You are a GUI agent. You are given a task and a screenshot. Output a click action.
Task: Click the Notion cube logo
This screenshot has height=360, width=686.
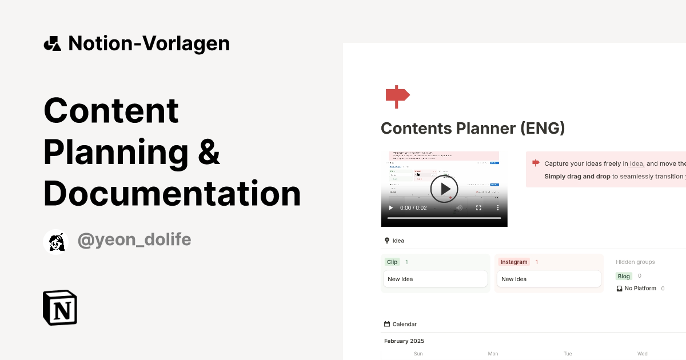[x=60, y=307]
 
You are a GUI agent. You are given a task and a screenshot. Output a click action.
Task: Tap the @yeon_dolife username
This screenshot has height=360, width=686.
[x=134, y=241]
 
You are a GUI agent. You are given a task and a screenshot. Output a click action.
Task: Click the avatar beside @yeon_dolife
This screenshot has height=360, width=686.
[x=56, y=242]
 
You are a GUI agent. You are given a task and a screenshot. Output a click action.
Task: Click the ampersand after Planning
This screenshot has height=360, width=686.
[x=209, y=152]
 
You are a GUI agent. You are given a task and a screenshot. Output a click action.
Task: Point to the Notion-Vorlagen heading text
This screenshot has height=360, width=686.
[x=149, y=43]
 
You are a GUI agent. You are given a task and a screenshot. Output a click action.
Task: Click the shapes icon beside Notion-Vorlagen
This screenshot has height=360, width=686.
[x=52, y=43]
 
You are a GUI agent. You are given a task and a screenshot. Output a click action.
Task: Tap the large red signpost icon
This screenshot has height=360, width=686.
[x=397, y=96]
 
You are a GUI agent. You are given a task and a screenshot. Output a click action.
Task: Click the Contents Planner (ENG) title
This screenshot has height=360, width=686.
[x=473, y=128]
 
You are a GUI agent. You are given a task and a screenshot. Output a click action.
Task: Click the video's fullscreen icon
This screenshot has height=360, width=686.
[x=478, y=208]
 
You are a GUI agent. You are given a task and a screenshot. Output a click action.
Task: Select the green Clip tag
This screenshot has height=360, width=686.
[x=392, y=262]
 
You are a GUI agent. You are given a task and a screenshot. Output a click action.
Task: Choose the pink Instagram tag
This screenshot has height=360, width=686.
[x=514, y=262]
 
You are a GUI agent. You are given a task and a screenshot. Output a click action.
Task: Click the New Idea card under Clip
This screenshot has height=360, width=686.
[x=435, y=279]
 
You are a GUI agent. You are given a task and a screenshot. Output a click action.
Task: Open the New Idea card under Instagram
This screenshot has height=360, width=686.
[x=548, y=279]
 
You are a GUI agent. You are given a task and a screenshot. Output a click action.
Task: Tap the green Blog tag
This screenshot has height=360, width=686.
[x=624, y=276]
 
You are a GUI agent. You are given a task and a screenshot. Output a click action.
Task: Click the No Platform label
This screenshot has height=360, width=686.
[x=640, y=289]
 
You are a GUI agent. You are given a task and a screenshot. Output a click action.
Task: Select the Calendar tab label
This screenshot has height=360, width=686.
[x=404, y=324]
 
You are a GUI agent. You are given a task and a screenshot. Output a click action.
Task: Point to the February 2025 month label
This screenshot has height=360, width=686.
[x=404, y=341]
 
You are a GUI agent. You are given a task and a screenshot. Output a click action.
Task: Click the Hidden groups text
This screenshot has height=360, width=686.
[x=635, y=262]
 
